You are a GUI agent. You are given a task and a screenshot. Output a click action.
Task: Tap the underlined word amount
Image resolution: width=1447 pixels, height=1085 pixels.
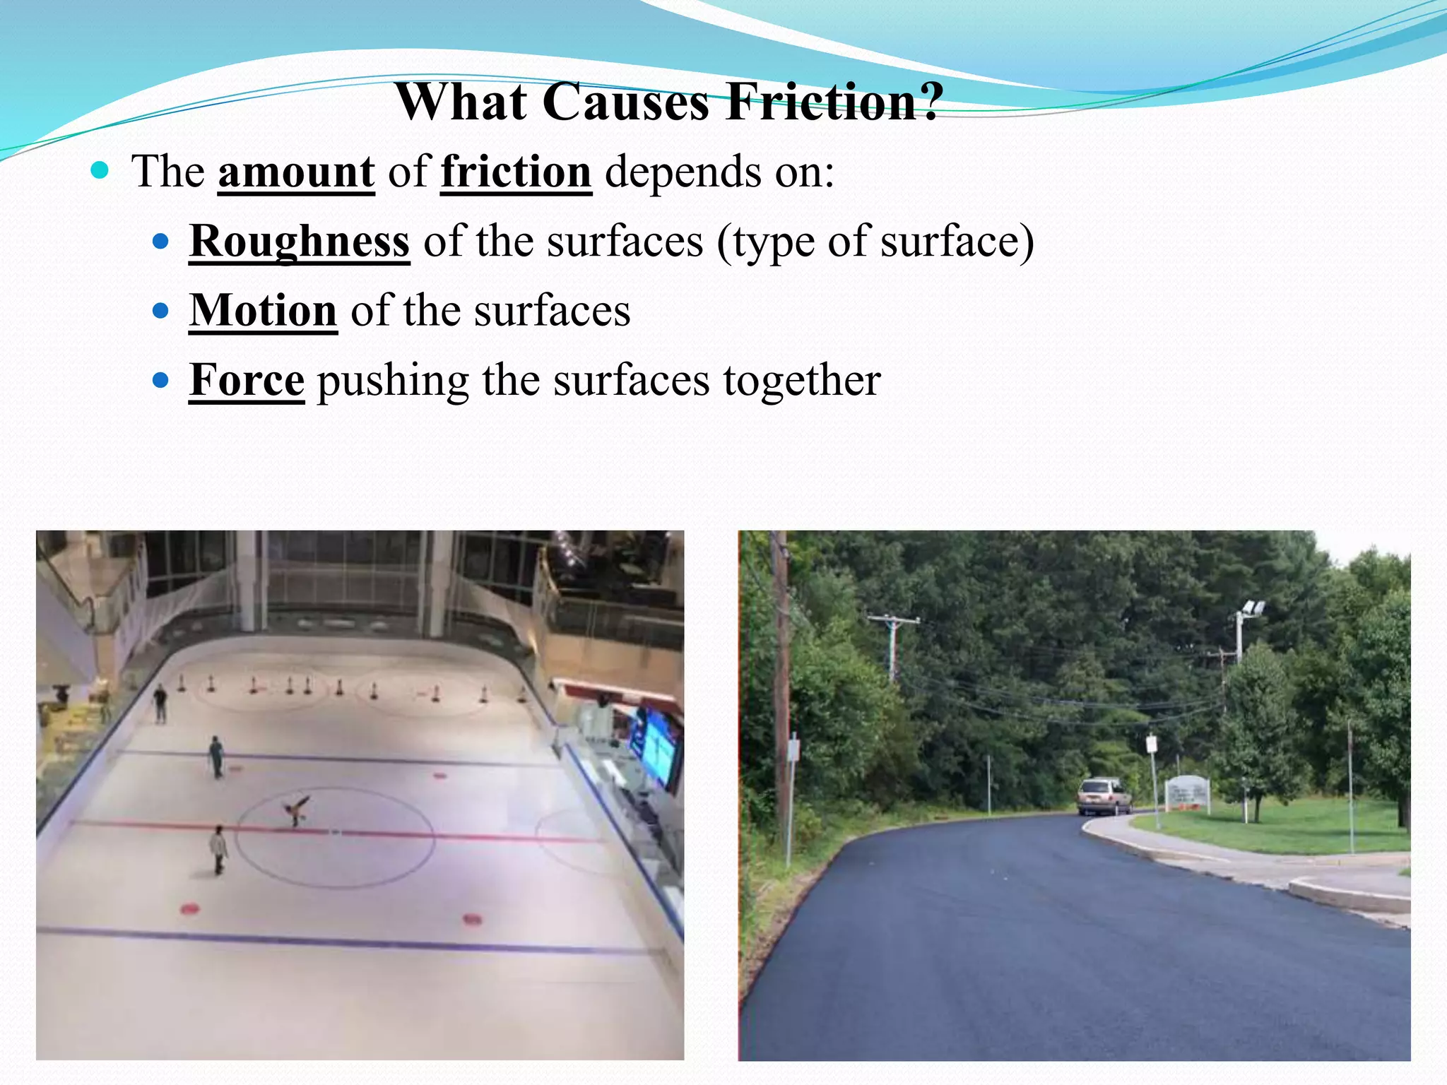[296, 172]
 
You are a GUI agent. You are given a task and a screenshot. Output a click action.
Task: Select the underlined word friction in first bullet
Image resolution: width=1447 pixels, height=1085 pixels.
[516, 172]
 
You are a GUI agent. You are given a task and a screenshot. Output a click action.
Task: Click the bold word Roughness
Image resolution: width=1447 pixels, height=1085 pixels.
[300, 241]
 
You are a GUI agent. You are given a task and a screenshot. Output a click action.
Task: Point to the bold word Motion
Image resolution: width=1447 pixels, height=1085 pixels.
[263, 310]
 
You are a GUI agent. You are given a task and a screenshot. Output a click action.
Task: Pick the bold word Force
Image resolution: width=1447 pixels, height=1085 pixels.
[247, 380]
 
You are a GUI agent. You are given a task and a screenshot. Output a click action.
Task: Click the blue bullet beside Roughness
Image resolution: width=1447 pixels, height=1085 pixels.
[161, 242]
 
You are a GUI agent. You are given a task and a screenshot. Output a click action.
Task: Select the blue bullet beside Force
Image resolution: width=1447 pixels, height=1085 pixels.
[161, 381]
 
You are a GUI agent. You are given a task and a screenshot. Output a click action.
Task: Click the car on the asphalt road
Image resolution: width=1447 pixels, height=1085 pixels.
[1104, 796]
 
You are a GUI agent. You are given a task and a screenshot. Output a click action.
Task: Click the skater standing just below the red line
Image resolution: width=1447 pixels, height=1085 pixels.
[219, 850]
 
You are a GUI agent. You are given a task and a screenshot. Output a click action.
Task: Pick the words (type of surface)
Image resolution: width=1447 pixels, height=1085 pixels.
[875, 242]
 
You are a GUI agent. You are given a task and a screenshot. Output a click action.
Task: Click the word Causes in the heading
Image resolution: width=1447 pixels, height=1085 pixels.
[625, 102]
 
